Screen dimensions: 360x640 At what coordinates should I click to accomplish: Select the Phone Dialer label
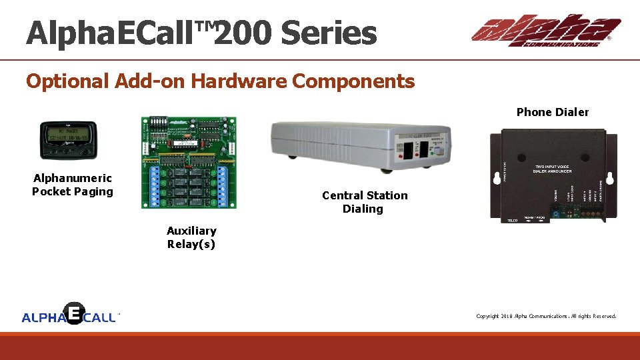point(552,112)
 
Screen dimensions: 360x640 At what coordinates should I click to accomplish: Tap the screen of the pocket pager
point(68,137)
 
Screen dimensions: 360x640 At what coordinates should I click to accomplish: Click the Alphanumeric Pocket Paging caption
point(73,185)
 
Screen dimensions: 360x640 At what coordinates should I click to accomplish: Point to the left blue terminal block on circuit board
point(154,185)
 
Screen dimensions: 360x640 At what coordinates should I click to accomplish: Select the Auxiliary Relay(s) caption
point(191,237)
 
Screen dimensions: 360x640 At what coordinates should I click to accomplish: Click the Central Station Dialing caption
point(364,202)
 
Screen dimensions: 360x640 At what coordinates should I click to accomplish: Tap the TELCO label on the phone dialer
point(513,220)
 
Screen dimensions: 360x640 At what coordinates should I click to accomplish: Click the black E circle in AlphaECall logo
point(73,313)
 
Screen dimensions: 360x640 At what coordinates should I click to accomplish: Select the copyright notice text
point(545,316)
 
